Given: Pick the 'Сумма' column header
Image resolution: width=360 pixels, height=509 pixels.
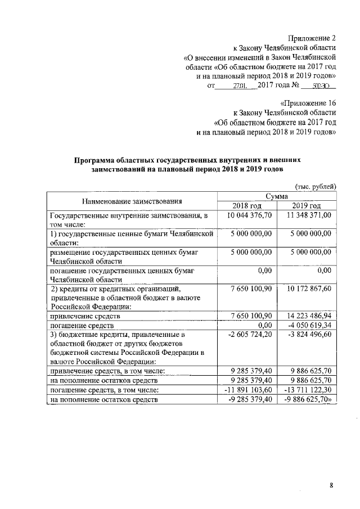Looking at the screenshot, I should click(x=277, y=196).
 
